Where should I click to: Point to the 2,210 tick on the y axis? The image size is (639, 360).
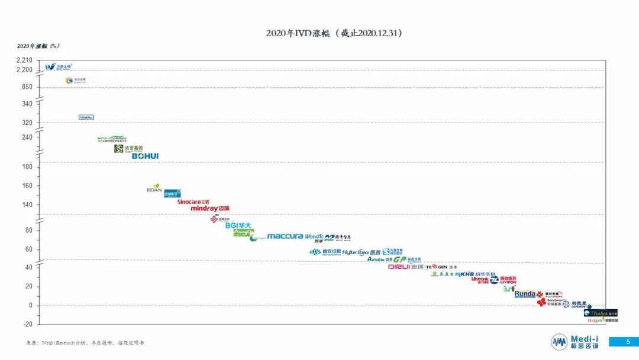pyautogui.click(x=25, y=60)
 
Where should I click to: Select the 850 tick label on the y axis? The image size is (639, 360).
pyautogui.click(x=28, y=87)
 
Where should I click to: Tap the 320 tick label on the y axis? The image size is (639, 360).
pyautogui.click(x=28, y=123)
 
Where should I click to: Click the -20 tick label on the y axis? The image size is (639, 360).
pyautogui.click(x=27, y=324)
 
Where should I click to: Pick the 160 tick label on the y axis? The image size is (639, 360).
pyautogui.click(x=28, y=186)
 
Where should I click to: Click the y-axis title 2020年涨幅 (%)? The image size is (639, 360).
pyautogui.click(x=38, y=46)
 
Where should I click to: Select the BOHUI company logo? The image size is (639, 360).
pyautogui.click(x=145, y=156)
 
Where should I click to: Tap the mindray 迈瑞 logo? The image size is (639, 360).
pyautogui.click(x=210, y=208)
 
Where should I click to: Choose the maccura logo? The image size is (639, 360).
pyautogui.click(x=285, y=236)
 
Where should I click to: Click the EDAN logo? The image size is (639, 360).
pyautogui.click(x=154, y=189)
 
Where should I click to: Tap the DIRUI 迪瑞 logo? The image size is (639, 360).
pyautogui.click(x=406, y=267)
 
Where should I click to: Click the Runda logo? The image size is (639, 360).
pyautogui.click(x=525, y=294)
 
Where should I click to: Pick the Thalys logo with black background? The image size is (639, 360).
pyautogui.click(x=600, y=313)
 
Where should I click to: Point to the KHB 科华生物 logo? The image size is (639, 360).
pyautogui.click(x=475, y=275)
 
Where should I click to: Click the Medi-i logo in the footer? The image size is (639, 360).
pyautogui.click(x=575, y=342)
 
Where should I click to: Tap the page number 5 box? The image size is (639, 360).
pyautogui.click(x=628, y=342)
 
